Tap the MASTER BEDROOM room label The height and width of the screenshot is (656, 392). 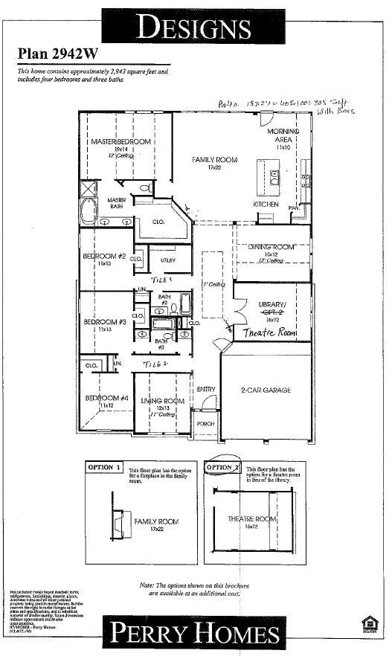coord(121,141)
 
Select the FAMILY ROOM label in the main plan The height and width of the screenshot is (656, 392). coord(214,160)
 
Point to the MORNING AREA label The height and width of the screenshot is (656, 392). coord(283,135)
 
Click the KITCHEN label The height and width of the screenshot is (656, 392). coord(266,204)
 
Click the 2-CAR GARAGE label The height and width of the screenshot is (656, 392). coord(265,390)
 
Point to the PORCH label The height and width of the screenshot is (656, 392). coord(205,423)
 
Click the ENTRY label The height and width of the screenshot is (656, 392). coord(206,389)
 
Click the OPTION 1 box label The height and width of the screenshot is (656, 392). coord(102,467)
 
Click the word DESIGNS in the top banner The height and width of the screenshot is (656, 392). coord(195,27)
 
